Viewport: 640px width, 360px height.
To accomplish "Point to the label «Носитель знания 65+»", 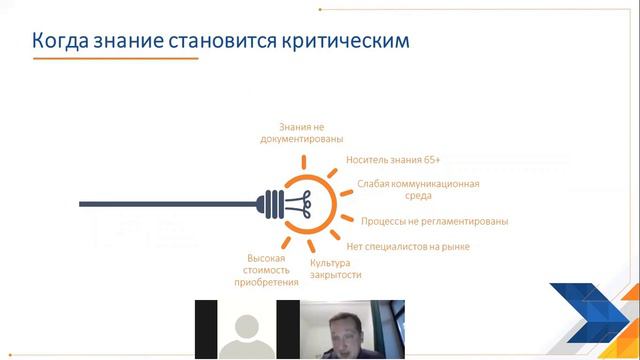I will point(393,159).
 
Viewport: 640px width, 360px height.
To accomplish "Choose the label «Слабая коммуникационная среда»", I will point(418,190).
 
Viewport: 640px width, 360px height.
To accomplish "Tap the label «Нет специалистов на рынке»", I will point(407,245).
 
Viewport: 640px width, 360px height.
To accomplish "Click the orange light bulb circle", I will point(304,201).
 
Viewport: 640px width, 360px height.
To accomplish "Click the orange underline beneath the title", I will point(110,61).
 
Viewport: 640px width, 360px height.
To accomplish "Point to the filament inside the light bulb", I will point(301,201).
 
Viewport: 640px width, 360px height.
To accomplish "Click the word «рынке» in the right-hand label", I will point(452,245).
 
